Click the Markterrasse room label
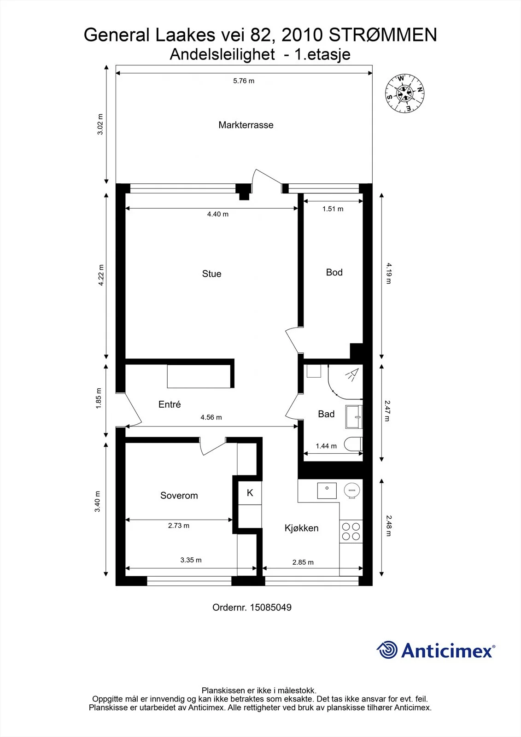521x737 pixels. click(x=246, y=125)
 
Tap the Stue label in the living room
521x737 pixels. click(x=211, y=274)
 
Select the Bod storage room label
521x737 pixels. click(x=334, y=272)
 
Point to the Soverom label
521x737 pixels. click(x=179, y=496)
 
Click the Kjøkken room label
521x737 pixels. click(x=301, y=528)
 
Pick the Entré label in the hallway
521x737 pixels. click(x=170, y=404)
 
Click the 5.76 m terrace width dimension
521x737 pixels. click(x=244, y=81)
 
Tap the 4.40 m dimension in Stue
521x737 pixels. click(x=217, y=214)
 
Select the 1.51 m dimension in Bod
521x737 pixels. click(x=333, y=209)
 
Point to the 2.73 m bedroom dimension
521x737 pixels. click(x=179, y=526)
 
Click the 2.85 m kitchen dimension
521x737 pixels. click(x=303, y=562)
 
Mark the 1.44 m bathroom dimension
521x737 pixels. click(x=326, y=446)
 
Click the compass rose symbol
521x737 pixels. click(x=405, y=94)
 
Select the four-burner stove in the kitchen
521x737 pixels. click(x=351, y=531)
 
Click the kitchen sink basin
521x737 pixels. click(x=327, y=491)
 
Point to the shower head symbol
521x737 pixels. click(x=352, y=375)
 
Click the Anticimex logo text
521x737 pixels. click(x=448, y=650)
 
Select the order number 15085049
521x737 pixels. click(x=270, y=608)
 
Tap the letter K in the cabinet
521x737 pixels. click(x=250, y=493)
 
